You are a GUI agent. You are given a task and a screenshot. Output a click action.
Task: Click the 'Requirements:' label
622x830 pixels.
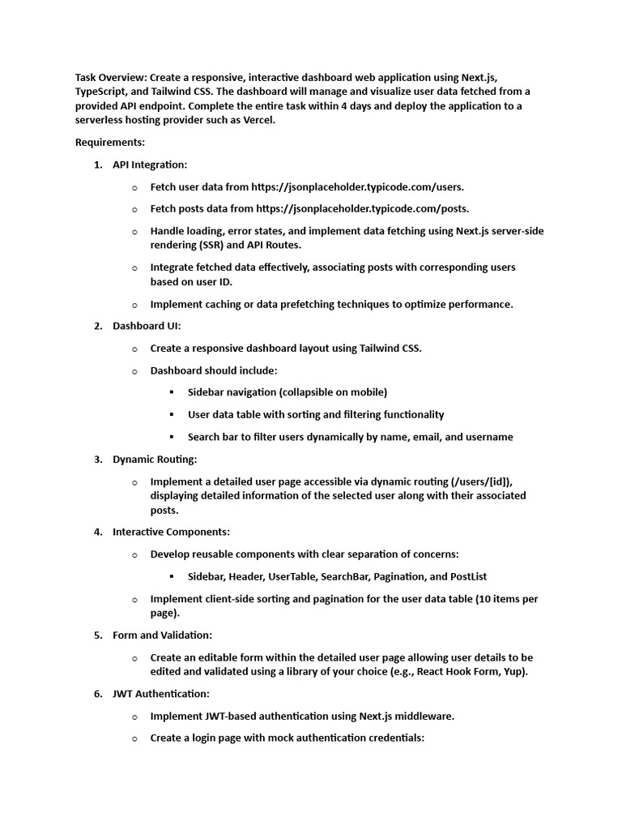[x=110, y=142]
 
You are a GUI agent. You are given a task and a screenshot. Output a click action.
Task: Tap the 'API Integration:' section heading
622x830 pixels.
[x=150, y=165]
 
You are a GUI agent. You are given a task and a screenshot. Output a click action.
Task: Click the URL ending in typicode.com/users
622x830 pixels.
[x=358, y=186]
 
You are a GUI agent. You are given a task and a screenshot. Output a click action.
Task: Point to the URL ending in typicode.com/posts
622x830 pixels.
[x=360, y=208]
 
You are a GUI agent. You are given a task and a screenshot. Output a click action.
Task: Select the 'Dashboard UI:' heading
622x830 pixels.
[x=147, y=326]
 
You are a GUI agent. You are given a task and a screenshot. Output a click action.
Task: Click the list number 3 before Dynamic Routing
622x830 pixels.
[x=97, y=459]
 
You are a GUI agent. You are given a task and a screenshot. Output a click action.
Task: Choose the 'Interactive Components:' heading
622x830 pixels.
[x=171, y=532]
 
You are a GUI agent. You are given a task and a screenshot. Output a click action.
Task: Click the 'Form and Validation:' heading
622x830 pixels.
[x=162, y=635]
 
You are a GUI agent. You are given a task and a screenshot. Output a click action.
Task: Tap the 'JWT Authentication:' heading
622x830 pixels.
[x=160, y=694]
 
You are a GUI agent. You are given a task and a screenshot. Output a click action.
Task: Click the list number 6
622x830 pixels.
[x=97, y=694]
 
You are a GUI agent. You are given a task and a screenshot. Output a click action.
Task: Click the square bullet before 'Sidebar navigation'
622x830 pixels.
[x=172, y=392]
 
